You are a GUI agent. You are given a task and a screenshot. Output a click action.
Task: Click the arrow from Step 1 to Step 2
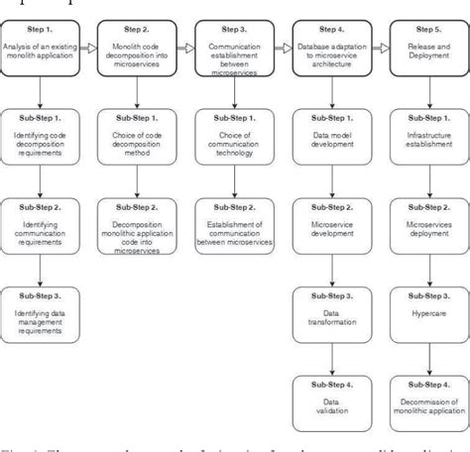[88, 46]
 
